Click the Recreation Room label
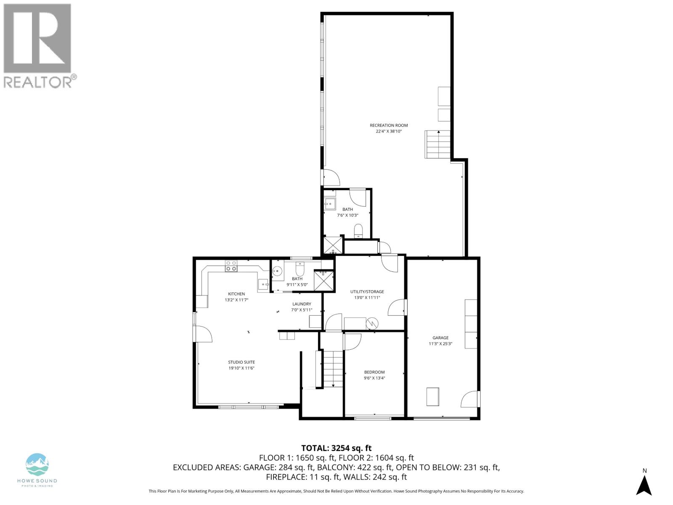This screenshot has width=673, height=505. click(x=389, y=125)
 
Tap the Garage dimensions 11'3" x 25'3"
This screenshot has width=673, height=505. click(x=440, y=343)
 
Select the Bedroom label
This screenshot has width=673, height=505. click(x=374, y=372)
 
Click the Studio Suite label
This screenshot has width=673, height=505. click(x=241, y=362)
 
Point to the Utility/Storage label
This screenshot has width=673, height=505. click(x=367, y=292)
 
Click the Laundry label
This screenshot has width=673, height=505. click(x=302, y=304)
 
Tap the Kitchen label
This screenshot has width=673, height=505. click(x=236, y=294)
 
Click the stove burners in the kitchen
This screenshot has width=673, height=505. click(x=231, y=266)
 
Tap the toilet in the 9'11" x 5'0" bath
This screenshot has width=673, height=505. click(x=300, y=268)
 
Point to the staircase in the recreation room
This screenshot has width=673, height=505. click(x=438, y=144)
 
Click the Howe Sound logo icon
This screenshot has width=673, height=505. click(x=37, y=465)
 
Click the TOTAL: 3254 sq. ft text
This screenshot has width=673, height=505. click(x=336, y=448)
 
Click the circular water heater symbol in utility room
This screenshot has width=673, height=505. click(x=372, y=323)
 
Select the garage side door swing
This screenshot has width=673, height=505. click(x=470, y=399)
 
